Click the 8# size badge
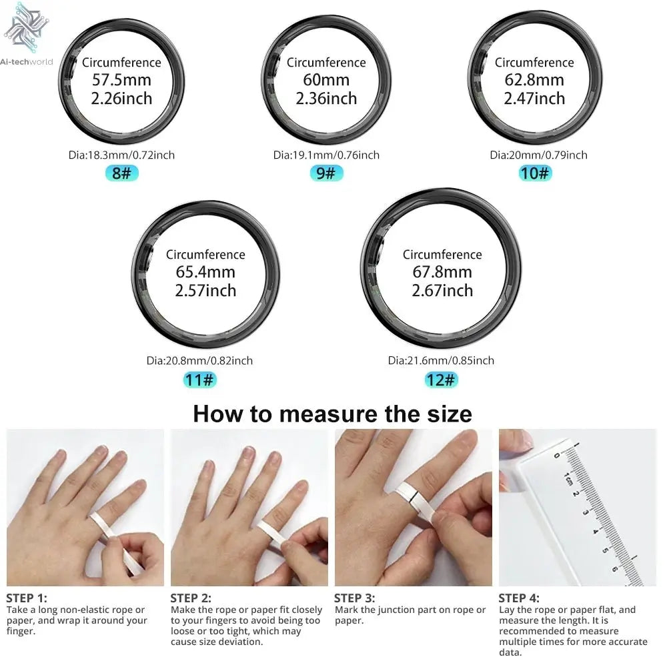point(121,174)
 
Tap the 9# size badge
point(326,174)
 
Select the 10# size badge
point(535,174)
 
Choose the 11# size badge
point(199,380)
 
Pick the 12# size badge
point(441,380)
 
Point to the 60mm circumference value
point(326,81)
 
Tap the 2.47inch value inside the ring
point(534,99)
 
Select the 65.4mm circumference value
point(205,273)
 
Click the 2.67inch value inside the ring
point(442,291)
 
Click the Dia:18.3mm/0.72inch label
point(121,155)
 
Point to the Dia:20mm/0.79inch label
point(538,155)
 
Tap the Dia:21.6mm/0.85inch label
point(441,361)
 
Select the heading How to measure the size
point(332,414)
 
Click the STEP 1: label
point(27,598)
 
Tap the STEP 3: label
point(354,598)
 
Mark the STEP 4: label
point(519,598)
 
